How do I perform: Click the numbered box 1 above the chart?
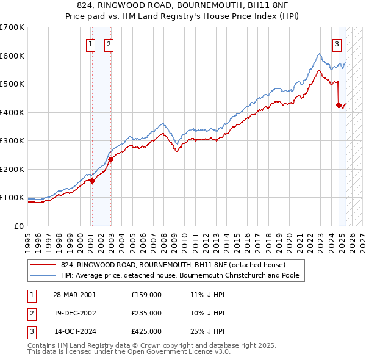[x=90, y=43]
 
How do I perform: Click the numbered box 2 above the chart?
[x=108, y=43]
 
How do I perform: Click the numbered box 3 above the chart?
[x=337, y=43]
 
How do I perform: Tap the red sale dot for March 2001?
[x=92, y=181]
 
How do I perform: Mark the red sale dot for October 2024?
[x=339, y=106]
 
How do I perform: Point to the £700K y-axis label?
[x=12, y=27]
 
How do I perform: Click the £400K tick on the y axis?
[x=12, y=112]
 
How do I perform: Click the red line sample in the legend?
[x=43, y=265]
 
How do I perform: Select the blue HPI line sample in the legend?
[x=43, y=275]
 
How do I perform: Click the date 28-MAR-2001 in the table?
[x=75, y=295]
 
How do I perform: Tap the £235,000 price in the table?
[x=146, y=313]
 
